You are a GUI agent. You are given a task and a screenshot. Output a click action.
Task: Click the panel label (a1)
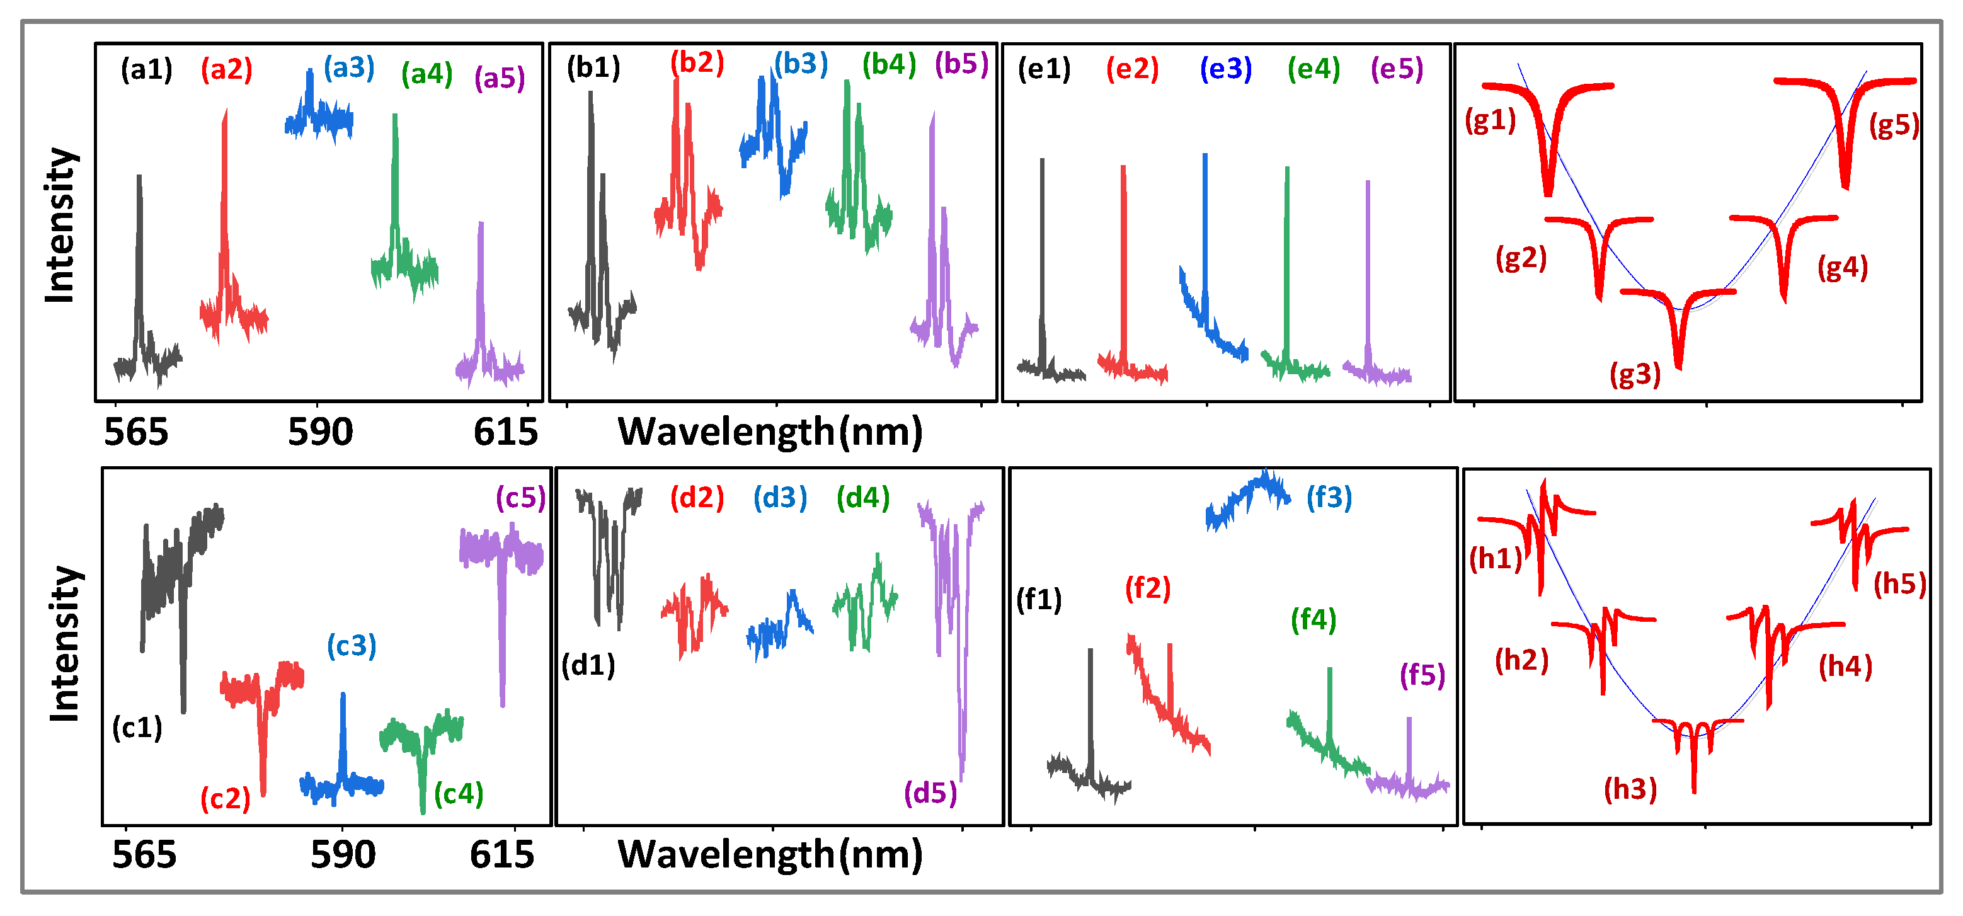[x=146, y=70]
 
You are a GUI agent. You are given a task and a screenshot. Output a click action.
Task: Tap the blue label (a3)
[x=349, y=68]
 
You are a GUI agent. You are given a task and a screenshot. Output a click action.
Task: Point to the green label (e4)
[x=1313, y=69]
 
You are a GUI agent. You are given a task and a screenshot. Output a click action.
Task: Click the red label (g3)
[x=1635, y=374]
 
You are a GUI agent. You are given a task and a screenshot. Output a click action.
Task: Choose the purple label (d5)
[x=930, y=793]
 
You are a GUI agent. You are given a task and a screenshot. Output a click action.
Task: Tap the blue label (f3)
[x=1329, y=498]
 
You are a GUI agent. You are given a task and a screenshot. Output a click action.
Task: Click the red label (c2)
[x=225, y=799]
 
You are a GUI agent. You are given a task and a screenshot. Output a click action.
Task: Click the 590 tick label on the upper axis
[x=320, y=432]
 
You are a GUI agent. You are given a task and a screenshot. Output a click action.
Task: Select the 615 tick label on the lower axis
[x=501, y=854]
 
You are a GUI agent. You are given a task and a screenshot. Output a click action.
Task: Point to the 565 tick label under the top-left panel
[x=135, y=432]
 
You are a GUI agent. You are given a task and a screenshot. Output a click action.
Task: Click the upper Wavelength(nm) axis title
[x=770, y=432]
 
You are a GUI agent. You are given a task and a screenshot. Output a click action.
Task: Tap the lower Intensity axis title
[x=64, y=644]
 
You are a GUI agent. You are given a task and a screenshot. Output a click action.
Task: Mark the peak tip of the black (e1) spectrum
[x=1043, y=161]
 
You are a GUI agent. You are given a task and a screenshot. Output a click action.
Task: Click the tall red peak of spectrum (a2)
[x=225, y=113]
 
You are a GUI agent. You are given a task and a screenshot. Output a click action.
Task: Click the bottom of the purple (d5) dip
[x=962, y=777]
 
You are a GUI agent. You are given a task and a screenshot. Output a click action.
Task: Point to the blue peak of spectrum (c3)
[x=343, y=695]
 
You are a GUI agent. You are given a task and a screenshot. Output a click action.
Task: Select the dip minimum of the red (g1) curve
[x=1548, y=193]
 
